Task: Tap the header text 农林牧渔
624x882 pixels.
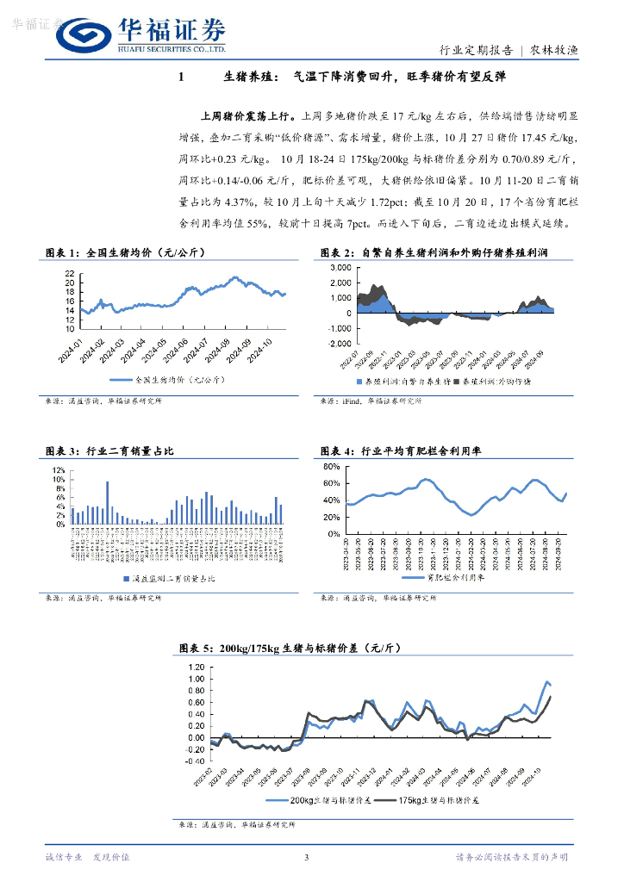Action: (x=552, y=51)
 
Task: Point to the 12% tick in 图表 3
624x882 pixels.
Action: (x=59, y=468)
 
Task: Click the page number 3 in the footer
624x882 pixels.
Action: (x=307, y=856)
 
